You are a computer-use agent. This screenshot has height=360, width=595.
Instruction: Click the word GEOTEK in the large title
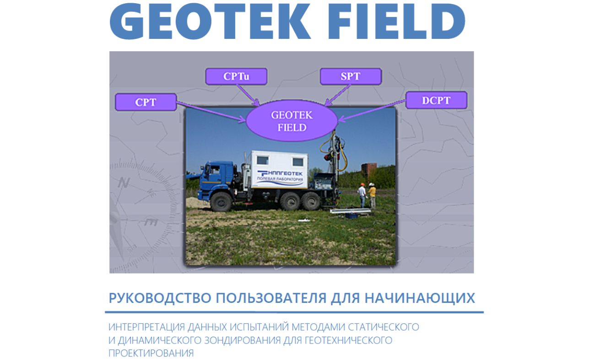210,21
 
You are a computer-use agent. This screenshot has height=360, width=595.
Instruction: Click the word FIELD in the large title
397,21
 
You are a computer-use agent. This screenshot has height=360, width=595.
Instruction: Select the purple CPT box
146,102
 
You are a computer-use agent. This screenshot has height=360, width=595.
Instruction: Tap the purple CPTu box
236,76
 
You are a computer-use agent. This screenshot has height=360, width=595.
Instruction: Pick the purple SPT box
351,76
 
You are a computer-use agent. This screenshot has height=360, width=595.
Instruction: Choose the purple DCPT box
436,100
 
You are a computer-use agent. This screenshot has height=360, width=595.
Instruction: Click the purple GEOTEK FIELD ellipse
292,121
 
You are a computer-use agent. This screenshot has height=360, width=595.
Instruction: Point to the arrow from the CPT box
211,112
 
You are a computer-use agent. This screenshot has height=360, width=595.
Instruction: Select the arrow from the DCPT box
372,111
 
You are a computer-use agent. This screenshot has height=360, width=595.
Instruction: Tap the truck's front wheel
221,202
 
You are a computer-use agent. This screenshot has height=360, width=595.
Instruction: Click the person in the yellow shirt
373,195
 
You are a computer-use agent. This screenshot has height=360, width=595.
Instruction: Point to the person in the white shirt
362,195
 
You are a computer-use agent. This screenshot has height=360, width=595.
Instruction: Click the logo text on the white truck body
280,176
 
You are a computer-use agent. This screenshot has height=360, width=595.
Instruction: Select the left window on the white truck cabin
262,160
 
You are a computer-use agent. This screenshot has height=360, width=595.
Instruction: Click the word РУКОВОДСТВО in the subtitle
160,298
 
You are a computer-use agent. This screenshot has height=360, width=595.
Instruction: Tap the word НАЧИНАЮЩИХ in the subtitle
420,298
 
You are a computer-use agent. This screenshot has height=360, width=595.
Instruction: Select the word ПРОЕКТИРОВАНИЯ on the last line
151,353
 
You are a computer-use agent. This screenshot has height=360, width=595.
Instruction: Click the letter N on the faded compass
124,183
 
